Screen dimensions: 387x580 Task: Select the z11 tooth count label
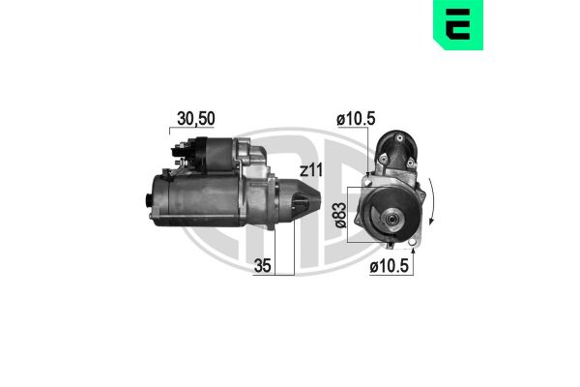[x=309, y=170]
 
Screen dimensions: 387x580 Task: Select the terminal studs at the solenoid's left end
[x=178, y=149]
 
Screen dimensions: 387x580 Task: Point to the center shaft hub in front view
[x=391, y=224]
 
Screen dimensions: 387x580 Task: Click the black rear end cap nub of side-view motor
[x=149, y=201]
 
